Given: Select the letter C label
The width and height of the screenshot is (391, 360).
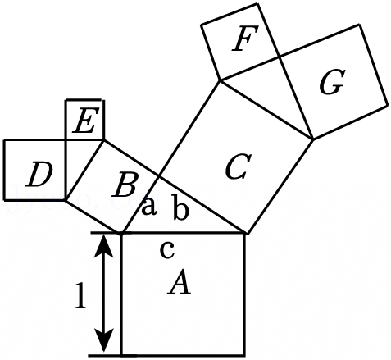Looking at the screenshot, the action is [238, 166].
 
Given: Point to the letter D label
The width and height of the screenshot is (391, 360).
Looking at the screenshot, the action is [39, 175].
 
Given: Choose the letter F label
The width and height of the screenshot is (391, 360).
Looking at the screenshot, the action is [245, 39].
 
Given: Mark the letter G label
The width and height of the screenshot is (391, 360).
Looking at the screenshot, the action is [331, 82].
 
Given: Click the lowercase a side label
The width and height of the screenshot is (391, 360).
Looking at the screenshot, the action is [149, 207].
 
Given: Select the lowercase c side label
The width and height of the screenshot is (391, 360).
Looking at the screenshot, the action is [167, 250].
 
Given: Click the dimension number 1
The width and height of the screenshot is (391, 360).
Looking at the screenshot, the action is [80, 295].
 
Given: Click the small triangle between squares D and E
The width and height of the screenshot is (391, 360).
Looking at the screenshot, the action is [79, 159].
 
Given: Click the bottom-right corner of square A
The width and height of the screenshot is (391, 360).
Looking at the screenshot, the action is [244, 355].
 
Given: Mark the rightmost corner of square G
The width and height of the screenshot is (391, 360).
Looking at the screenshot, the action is [388, 105].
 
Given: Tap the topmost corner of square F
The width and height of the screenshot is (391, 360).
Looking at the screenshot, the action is [257, 4].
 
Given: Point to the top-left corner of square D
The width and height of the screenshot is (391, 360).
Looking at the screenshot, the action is [4, 139].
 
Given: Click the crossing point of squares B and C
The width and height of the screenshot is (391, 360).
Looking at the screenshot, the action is [159, 176].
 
